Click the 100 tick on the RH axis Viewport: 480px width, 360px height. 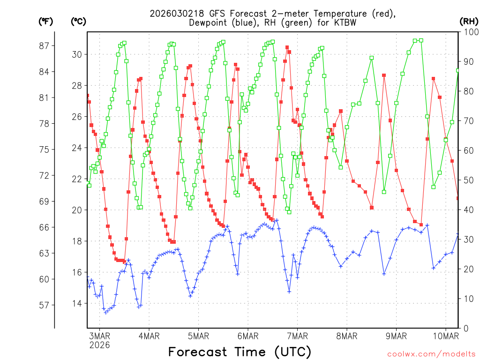pyautogui.click(x=469, y=32)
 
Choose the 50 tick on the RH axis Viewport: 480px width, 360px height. pyautogui.click(x=467, y=180)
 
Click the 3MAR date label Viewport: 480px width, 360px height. pyautogui.click(x=99, y=336)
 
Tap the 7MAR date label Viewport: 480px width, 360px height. pyautogui.click(x=297, y=336)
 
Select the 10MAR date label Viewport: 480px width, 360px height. pyautogui.click(x=446, y=336)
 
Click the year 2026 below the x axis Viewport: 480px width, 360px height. pyautogui.click(x=99, y=345)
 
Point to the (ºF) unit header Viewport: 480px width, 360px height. pyautogui.click(x=46, y=21)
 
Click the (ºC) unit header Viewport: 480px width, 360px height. pyautogui.click(x=78, y=21)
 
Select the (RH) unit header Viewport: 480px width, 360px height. pyautogui.click(x=469, y=21)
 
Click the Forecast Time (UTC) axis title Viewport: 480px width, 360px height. pyautogui.click(x=240, y=352)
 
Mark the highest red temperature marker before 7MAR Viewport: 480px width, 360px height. pyautogui.click(x=287, y=47)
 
